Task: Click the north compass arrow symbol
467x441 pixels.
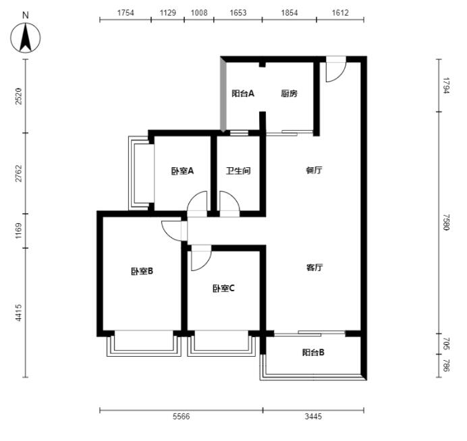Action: (26, 38)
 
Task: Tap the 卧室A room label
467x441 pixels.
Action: (182, 171)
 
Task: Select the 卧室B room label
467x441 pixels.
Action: (142, 271)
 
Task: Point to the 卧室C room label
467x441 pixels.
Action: (223, 288)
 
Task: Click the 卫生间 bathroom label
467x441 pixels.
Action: (238, 171)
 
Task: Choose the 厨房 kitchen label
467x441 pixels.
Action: (289, 94)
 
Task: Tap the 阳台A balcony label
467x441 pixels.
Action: (243, 94)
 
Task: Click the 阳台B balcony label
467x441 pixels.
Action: (313, 352)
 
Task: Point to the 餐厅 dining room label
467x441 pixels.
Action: (314, 170)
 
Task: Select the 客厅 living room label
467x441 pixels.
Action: (314, 267)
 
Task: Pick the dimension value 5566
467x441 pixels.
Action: (181, 416)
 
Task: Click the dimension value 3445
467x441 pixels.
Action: (313, 416)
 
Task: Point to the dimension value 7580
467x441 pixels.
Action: (446, 222)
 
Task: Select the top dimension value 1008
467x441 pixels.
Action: (199, 13)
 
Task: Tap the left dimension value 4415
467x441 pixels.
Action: (18, 312)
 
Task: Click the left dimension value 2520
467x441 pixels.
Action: (18, 96)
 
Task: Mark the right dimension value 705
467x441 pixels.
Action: (446, 343)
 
